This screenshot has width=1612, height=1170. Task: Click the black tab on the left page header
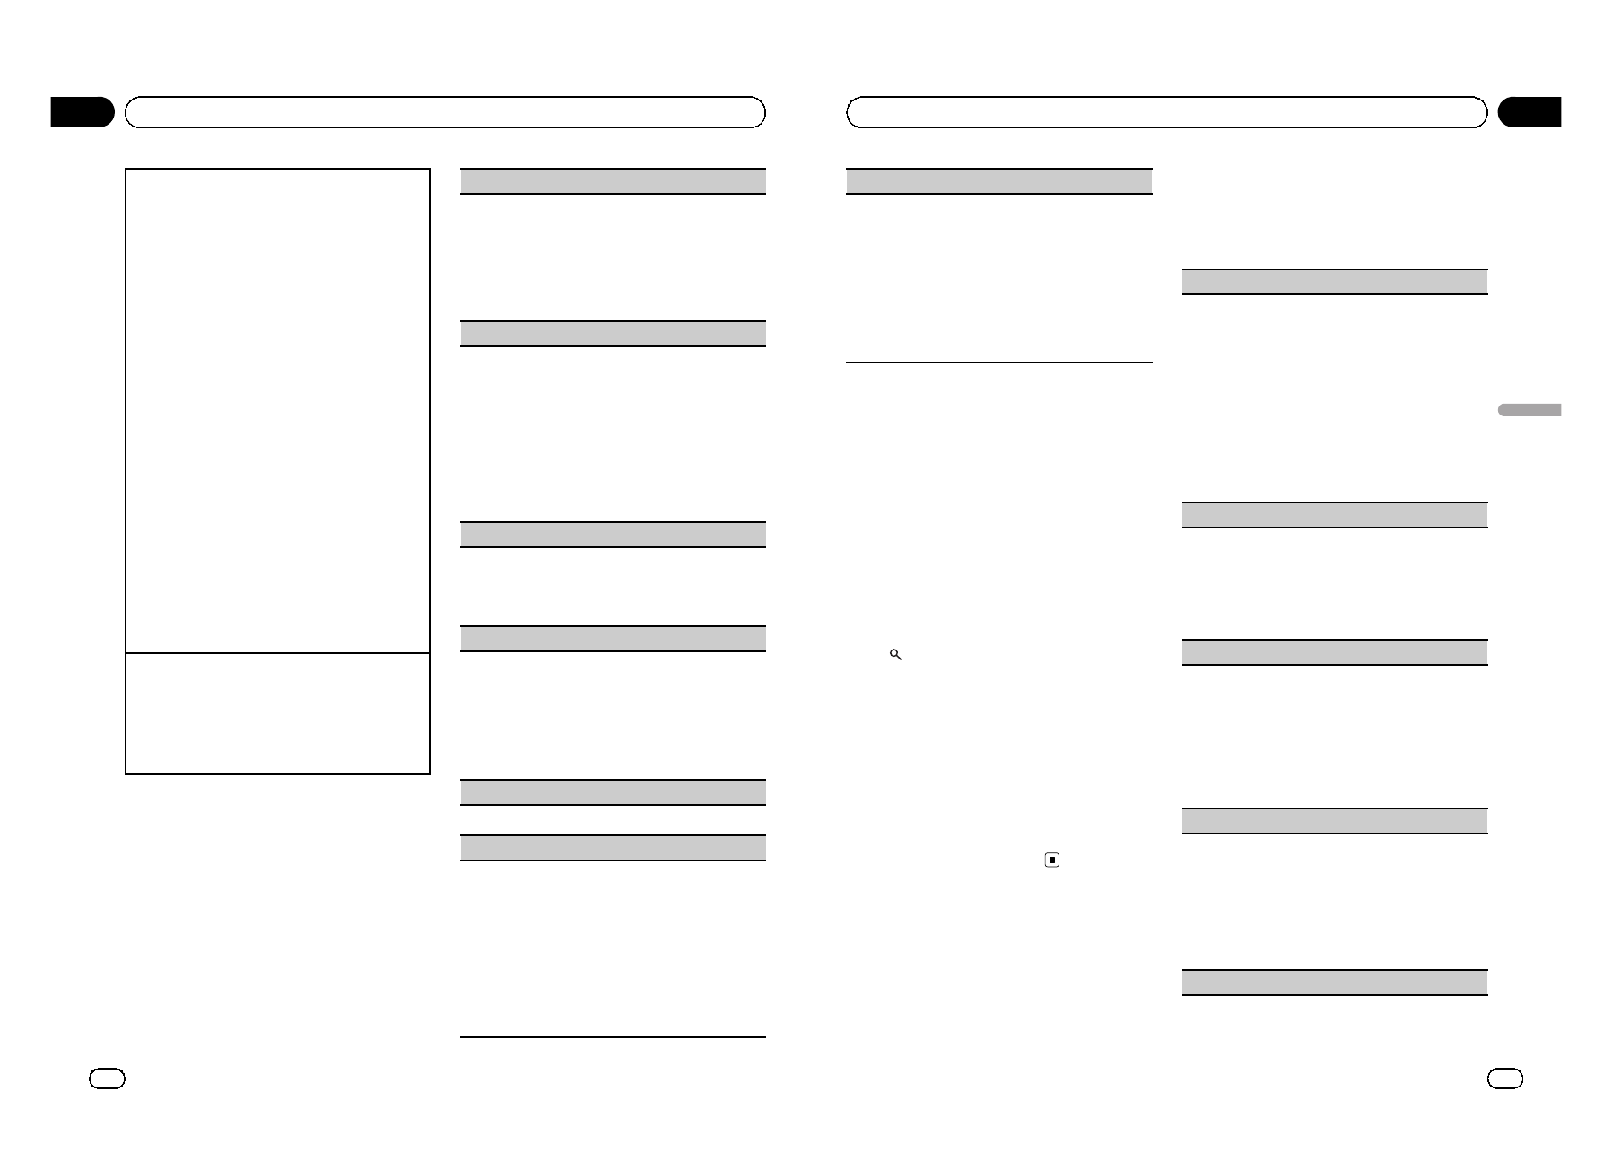(x=82, y=112)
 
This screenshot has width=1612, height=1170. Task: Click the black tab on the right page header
(x=1529, y=112)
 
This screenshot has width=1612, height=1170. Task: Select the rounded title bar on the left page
(x=445, y=112)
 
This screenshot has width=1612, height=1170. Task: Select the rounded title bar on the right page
(x=1166, y=112)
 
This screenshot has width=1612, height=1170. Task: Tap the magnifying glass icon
(x=895, y=655)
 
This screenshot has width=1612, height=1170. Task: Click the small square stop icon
(x=1052, y=860)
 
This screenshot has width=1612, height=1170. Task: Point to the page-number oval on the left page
(x=107, y=1078)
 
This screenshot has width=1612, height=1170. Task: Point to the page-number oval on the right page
(x=1504, y=1078)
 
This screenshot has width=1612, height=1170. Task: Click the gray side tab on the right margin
(x=1529, y=410)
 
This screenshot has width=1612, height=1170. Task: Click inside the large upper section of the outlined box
(x=277, y=410)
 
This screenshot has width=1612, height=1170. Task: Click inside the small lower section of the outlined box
(x=277, y=713)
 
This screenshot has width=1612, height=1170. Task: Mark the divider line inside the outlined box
(x=277, y=653)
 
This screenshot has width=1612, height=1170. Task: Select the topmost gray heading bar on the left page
(x=613, y=181)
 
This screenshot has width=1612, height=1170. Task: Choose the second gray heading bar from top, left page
(x=613, y=334)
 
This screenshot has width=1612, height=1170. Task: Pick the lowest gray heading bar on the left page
(x=613, y=848)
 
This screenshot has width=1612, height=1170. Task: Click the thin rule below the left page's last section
(x=613, y=1037)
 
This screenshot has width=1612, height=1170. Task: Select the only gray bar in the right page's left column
(x=998, y=181)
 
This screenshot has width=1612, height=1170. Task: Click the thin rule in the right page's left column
(x=998, y=362)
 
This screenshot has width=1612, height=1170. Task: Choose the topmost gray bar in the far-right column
(x=1335, y=282)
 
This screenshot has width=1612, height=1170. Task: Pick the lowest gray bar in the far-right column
(x=1335, y=982)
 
